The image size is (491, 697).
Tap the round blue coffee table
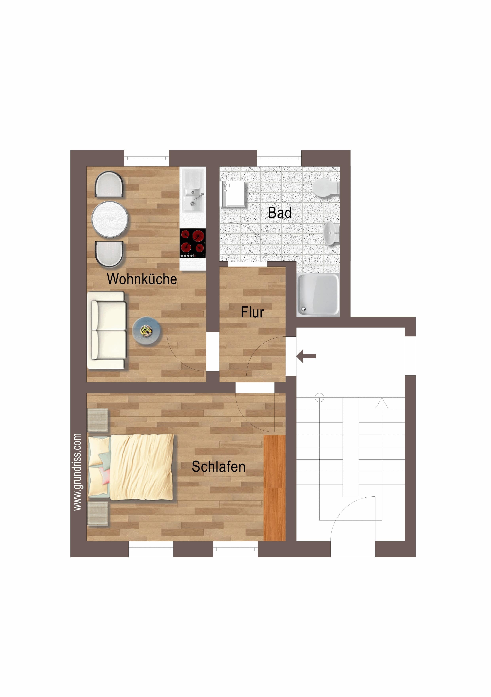coord(147,331)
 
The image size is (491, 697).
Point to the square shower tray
coord(318,294)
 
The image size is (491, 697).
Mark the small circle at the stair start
coord(320,397)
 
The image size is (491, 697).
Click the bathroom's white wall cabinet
coord(234,194)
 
